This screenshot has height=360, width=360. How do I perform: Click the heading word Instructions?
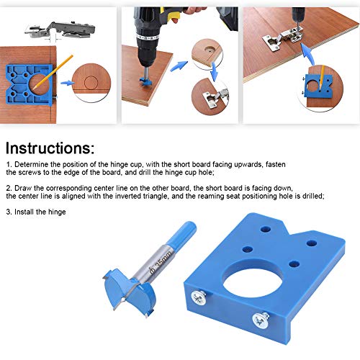[x=49, y=149]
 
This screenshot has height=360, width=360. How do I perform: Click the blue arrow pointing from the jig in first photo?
[x=68, y=84]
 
